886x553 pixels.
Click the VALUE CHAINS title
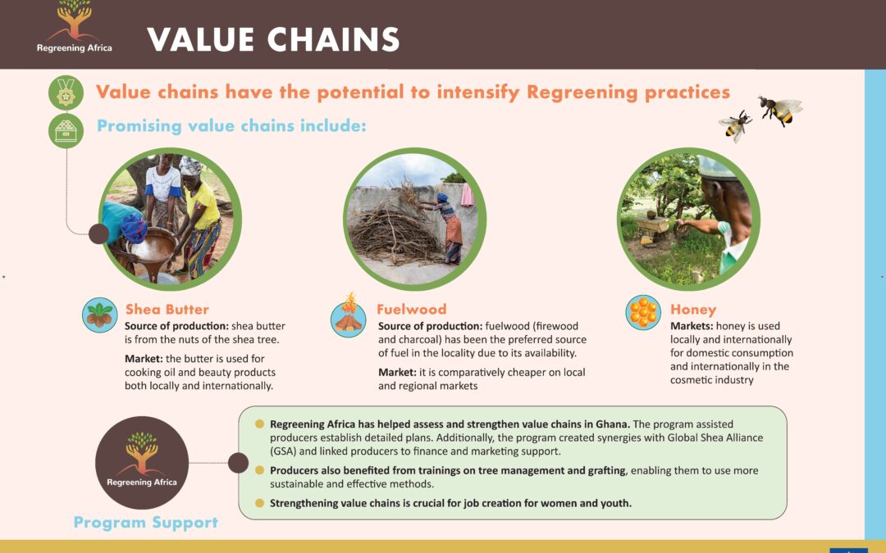click(x=273, y=39)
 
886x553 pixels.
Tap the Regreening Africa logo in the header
click(x=74, y=27)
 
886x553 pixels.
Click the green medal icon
click(x=66, y=93)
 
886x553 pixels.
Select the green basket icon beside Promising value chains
click(x=66, y=131)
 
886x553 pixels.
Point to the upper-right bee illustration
click(x=780, y=110)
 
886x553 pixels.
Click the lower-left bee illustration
click(x=736, y=125)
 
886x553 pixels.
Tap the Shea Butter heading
click(x=167, y=309)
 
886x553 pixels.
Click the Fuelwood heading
click(x=411, y=309)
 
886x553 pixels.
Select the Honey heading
click(x=693, y=310)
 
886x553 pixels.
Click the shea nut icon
click(x=100, y=315)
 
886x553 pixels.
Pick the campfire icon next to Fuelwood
click(x=348, y=316)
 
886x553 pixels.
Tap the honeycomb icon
click(x=643, y=312)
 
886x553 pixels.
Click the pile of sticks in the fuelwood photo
click(x=395, y=231)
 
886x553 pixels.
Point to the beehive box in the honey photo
click(x=653, y=229)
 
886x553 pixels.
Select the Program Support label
click(x=146, y=523)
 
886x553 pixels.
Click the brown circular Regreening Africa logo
click(x=142, y=463)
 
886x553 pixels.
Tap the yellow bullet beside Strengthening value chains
click(x=259, y=503)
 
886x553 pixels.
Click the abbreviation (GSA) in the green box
click(x=283, y=451)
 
